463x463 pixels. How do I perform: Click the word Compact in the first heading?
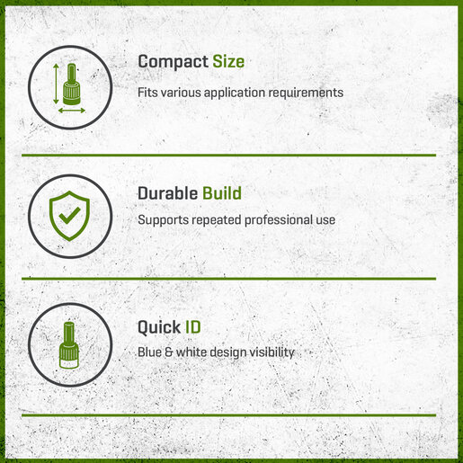tap(173, 62)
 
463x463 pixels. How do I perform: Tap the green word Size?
tap(228, 62)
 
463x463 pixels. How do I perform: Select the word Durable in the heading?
tap(167, 193)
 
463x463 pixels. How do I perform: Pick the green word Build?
tap(222, 193)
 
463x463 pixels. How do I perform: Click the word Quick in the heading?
tap(159, 327)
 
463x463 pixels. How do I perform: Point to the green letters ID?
tap(192, 326)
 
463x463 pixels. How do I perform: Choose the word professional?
tap(279, 220)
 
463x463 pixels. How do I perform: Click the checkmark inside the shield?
tap(69, 215)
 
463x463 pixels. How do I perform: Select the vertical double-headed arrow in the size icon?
tap(56, 84)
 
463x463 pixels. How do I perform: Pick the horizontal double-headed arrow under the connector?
tap(72, 111)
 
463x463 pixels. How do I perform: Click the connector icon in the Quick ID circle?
tap(69, 345)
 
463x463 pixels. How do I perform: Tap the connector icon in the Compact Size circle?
tap(72, 85)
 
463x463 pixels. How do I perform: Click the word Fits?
tap(147, 93)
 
